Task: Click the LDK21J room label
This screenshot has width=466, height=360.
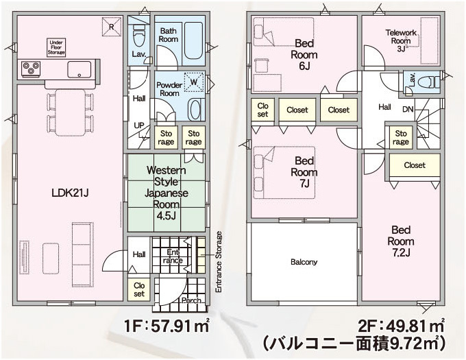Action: click(x=70, y=193)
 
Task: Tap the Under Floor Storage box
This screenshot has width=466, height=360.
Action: click(x=56, y=47)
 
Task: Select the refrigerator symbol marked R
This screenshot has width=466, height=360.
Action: click(x=112, y=27)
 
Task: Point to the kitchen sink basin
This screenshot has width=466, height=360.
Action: click(x=79, y=69)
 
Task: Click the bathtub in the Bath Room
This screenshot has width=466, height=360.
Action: click(x=193, y=41)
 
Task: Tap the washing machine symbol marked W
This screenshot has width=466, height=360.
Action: click(x=194, y=82)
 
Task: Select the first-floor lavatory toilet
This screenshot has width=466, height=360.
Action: click(x=138, y=35)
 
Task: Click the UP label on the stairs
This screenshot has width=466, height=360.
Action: click(x=139, y=125)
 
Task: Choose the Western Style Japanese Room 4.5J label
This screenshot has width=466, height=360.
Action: click(x=166, y=193)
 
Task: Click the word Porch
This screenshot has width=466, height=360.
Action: click(x=191, y=300)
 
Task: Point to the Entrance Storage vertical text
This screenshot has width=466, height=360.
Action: click(x=219, y=262)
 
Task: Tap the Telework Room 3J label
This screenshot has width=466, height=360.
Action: click(x=401, y=40)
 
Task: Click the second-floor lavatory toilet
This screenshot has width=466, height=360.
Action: click(x=428, y=82)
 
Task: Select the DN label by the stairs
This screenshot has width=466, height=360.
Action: click(x=408, y=110)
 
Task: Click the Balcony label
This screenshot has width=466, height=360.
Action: click(x=304, y=262)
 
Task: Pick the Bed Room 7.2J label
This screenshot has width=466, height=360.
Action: click(x=401, y=241)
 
